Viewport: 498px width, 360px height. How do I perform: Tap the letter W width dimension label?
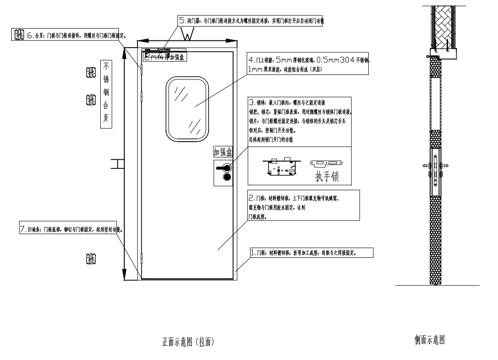(x=187, y=34)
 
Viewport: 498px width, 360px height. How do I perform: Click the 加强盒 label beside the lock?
(x=223, y=152)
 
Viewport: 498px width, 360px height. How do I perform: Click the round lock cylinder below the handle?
(x=226, y=177)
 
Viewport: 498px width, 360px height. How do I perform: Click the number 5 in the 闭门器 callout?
(x=182, y=21)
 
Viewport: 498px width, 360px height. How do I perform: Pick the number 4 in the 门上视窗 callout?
(x=250, y=60)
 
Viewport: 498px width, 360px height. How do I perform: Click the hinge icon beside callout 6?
(x=19, y=35)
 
